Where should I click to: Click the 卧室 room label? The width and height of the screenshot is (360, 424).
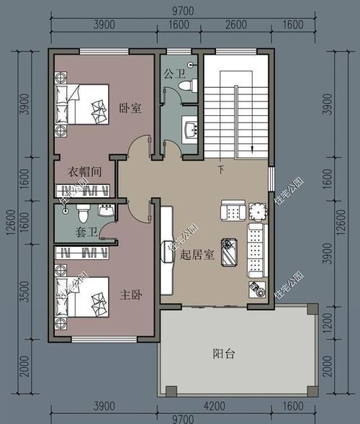pyautogui.click(x=130, y=108)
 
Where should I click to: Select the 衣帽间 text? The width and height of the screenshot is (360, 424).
pyautogui.click(x=84, y=172)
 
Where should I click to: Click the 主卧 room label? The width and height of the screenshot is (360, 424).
pyautogui.click(x=130, y=294)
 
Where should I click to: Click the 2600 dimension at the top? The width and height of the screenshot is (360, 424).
pyautogui.click(x=235, y=24)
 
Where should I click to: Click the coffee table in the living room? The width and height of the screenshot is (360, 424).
pyautogui.click(x=230, y=252)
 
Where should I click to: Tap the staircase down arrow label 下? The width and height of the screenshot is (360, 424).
pyautogui.click(x=220, y=170)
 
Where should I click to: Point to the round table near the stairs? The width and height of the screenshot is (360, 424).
pyautogui.click(x=257, y=212)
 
